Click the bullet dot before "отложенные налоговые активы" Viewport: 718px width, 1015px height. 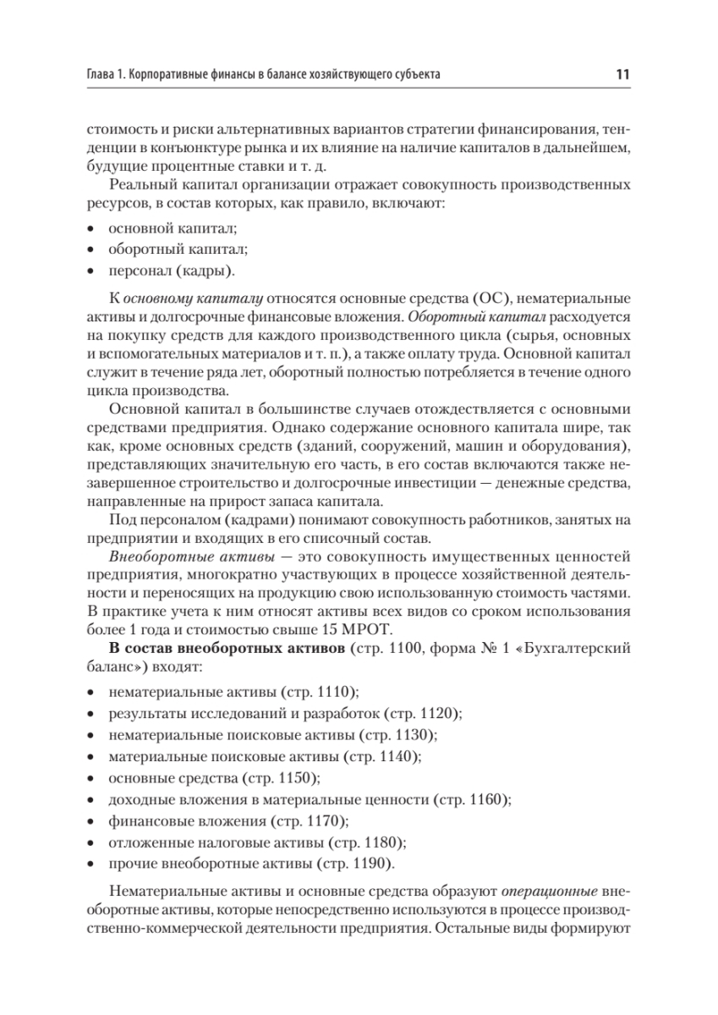coord(91,843)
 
